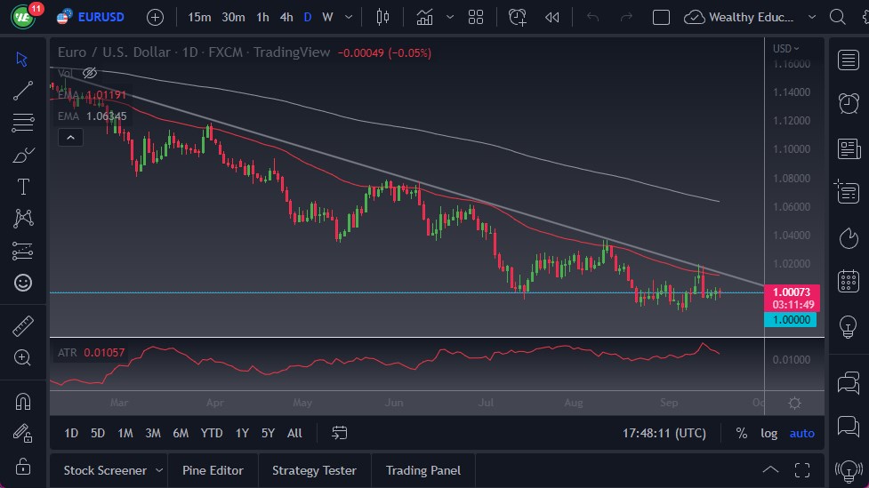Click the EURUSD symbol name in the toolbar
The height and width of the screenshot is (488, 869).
101,17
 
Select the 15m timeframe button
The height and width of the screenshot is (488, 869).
200,17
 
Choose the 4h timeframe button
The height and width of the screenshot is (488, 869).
286,17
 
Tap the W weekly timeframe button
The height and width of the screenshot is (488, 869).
327,17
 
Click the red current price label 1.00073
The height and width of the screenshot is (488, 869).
790,292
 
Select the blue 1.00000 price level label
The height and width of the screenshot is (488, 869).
790,319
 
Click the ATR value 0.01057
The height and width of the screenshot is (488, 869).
105,353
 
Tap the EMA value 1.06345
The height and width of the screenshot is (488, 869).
107,116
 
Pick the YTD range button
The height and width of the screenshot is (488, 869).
212,433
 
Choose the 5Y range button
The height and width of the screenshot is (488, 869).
268,433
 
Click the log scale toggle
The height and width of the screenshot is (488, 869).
768,433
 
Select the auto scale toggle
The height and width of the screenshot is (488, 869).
801,433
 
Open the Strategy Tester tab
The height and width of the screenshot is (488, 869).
314,470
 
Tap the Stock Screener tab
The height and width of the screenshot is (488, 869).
105,470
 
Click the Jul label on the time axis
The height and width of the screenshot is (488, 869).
486,402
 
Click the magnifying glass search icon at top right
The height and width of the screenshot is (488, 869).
837,17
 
